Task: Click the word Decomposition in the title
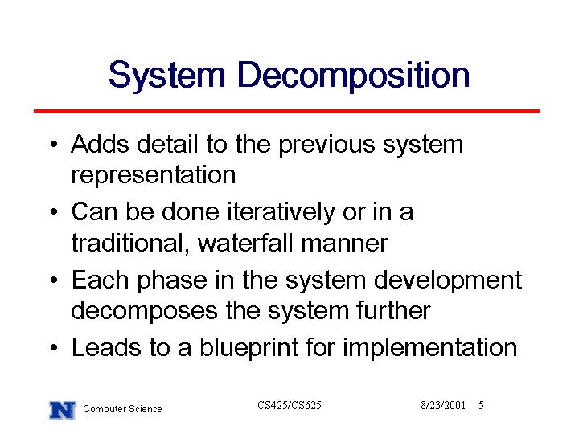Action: click(x=354, y=76)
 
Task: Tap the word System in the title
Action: click(x=167, y=76)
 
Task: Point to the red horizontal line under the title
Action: click(x=287, y=111)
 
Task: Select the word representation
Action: click(x=154, y=174)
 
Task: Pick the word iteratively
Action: click(x=281, y=212)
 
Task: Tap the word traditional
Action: click(x=130, y=244)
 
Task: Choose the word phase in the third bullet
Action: click(x=172, y=280)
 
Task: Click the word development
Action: click(x=448, y=280)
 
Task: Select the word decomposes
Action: click(x=144, y=311)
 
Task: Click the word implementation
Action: click(x=429, y=348)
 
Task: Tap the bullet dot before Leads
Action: click(x=55, y=348)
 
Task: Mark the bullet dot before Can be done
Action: click(x=55, y=212)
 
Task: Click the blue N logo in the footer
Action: click(x=63, y=410)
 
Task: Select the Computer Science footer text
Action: click(x=122, y=409)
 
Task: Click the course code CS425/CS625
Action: click(x=289, y=405)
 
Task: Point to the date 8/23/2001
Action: click(x=443, y=405)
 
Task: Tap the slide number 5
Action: click(x=481, y=405)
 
